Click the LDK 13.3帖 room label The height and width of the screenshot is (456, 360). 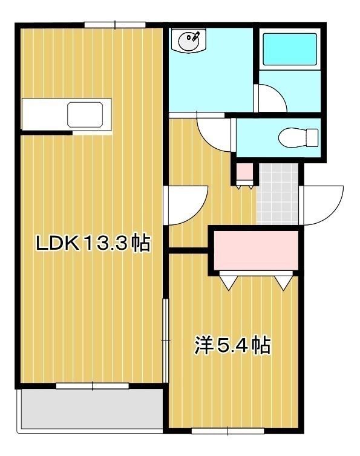coord(93,243)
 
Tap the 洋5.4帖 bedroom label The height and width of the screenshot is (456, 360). coord(232,345)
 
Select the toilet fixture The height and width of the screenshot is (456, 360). coord(298,137)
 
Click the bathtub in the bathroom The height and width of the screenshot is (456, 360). coord(290,49)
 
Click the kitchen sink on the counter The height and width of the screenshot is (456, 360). coord(85,114)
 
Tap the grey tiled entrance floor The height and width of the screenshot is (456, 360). coord(277,194)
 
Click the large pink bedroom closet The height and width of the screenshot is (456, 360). coord(256,250)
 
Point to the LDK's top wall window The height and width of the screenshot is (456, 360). coord(115,25)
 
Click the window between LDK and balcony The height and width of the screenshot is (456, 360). coord(92,386)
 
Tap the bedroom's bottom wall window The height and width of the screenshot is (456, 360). coord(227,431)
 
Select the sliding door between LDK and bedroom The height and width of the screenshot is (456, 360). coord(165,340)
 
